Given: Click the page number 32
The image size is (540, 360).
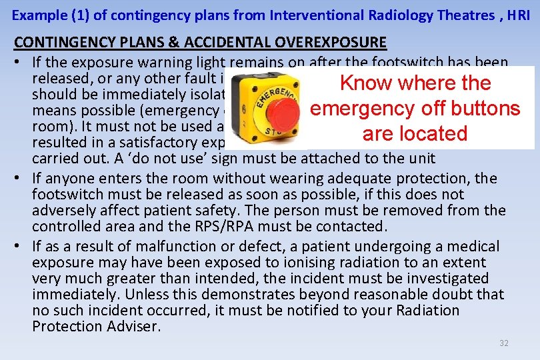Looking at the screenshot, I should coord(504,343).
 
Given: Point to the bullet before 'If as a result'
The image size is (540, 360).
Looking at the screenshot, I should coord(19,247).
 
